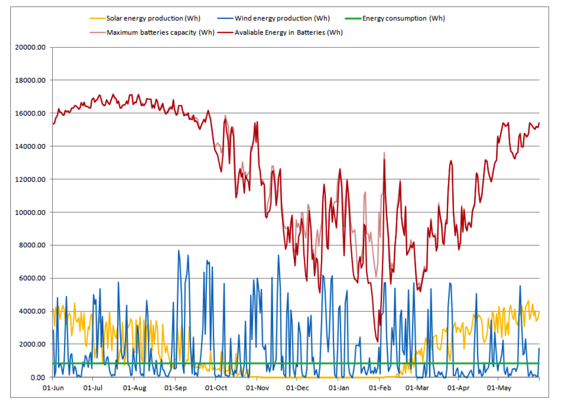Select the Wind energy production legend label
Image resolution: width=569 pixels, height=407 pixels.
point(282,18)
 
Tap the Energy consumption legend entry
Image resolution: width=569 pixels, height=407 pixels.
point(403,18)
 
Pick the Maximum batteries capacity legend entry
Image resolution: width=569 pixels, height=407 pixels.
point(160,32)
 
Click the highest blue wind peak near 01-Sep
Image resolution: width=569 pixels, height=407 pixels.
point(179,251)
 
